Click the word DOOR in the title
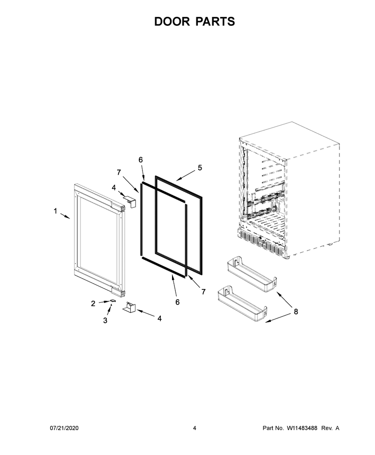(x=172, y=22)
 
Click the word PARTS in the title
(x=215, y=22)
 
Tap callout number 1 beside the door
(x=55, y=211)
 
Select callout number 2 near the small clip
(x=93, y=303)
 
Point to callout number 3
(x=105, y=320)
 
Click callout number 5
(x=200, y=168)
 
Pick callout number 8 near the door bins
(x=296, y=311)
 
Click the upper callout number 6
(x=141, y=159)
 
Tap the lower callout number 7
(x=203, y=292)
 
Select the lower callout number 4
(x=159, y=318)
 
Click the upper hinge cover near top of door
(x=130, y=201)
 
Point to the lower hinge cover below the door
(x=129, y=307)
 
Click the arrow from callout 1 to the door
(x=65, y=216)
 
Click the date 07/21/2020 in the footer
(x=64, y=428)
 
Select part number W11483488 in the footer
(x=302, y=428)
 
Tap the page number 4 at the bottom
(x=195, y=428)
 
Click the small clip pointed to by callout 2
(x=112, y=301)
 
